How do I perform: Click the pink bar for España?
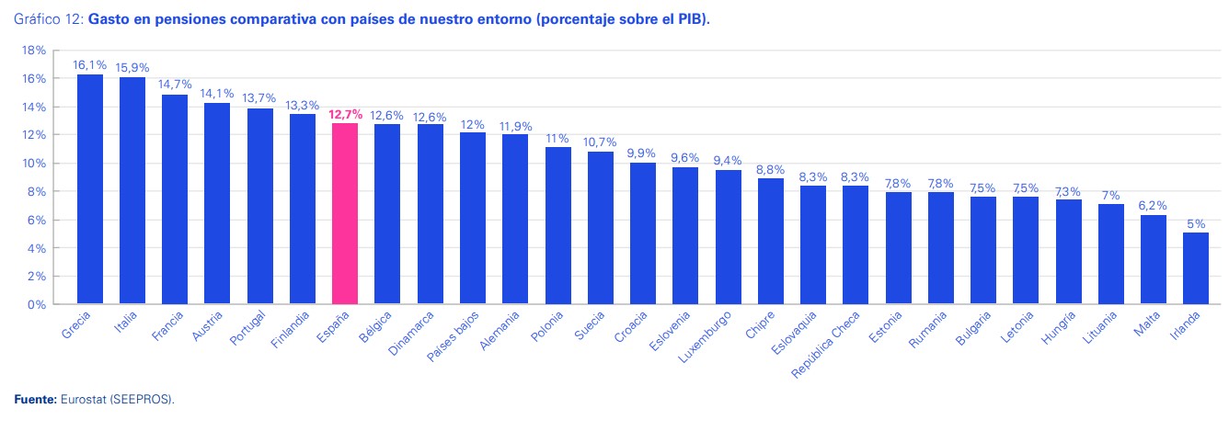point(345,213)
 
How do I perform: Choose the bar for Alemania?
point(515,219)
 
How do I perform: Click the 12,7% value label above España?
point(345,115)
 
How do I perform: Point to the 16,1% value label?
point(90,66)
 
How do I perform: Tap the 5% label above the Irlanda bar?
point(1195,224)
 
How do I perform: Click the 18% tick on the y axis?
point(34,51)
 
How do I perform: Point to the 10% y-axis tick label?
point(34,164)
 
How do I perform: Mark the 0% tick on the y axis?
point(37,304)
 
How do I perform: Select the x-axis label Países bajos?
point(454,338)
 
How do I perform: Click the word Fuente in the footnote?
point(34,400)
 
